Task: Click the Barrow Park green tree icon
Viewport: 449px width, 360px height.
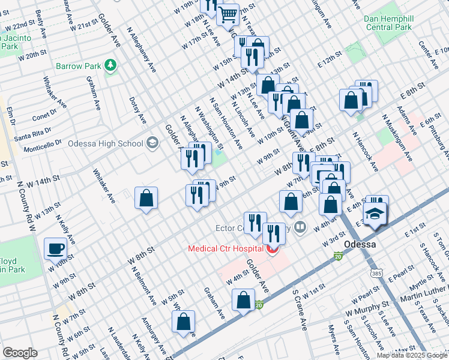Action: tap(110, 65)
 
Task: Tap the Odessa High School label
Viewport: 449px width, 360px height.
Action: tap(105, 143)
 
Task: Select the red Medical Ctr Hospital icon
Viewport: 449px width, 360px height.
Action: tap(273, 249)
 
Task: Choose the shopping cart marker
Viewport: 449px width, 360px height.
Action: tap(228, 13)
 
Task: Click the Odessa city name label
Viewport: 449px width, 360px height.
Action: tap(360, 245)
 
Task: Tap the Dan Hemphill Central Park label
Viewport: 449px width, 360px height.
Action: tap(388, 23)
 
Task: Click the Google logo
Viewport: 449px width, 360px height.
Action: tap(20, 353)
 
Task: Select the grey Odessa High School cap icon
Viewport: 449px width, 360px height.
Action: tap(152, 143)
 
